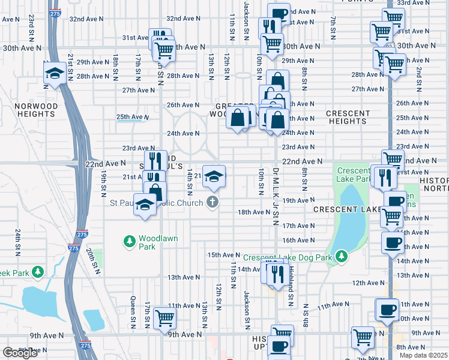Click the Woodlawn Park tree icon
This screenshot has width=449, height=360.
129,242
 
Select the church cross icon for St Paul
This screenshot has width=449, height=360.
212,202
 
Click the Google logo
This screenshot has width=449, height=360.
20,353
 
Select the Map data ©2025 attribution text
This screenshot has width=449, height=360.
423,355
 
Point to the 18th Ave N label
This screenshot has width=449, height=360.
254,212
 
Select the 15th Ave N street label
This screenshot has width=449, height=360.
223,255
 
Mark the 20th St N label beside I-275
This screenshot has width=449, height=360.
92,262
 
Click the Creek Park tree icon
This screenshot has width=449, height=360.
38,272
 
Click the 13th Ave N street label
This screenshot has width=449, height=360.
183,277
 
